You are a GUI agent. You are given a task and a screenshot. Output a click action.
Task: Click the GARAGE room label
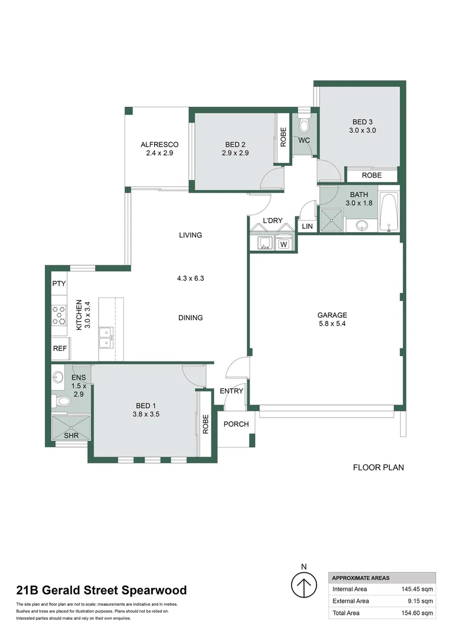(332, 315)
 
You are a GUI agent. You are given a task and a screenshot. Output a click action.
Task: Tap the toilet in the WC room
(304, 125)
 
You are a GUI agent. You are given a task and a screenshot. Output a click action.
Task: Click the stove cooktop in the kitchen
(59, 316)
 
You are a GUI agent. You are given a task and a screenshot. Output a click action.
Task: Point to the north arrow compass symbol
(304, 587)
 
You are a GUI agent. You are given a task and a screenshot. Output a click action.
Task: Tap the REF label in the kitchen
(60, 349)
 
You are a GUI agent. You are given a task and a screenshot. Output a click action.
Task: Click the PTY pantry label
(59, 284)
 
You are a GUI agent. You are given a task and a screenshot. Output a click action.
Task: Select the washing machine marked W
(284, 244)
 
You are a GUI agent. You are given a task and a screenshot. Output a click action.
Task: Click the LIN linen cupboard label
(307, 226)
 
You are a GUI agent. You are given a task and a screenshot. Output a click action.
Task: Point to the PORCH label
(236, 424)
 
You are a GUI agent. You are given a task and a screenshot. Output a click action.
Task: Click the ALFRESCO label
(159, 145)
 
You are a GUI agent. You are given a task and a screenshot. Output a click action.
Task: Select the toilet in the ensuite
(62, 402)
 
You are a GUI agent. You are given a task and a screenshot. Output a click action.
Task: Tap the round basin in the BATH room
(362, 225)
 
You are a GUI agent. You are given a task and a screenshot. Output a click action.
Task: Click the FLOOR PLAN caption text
(378, 468)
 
